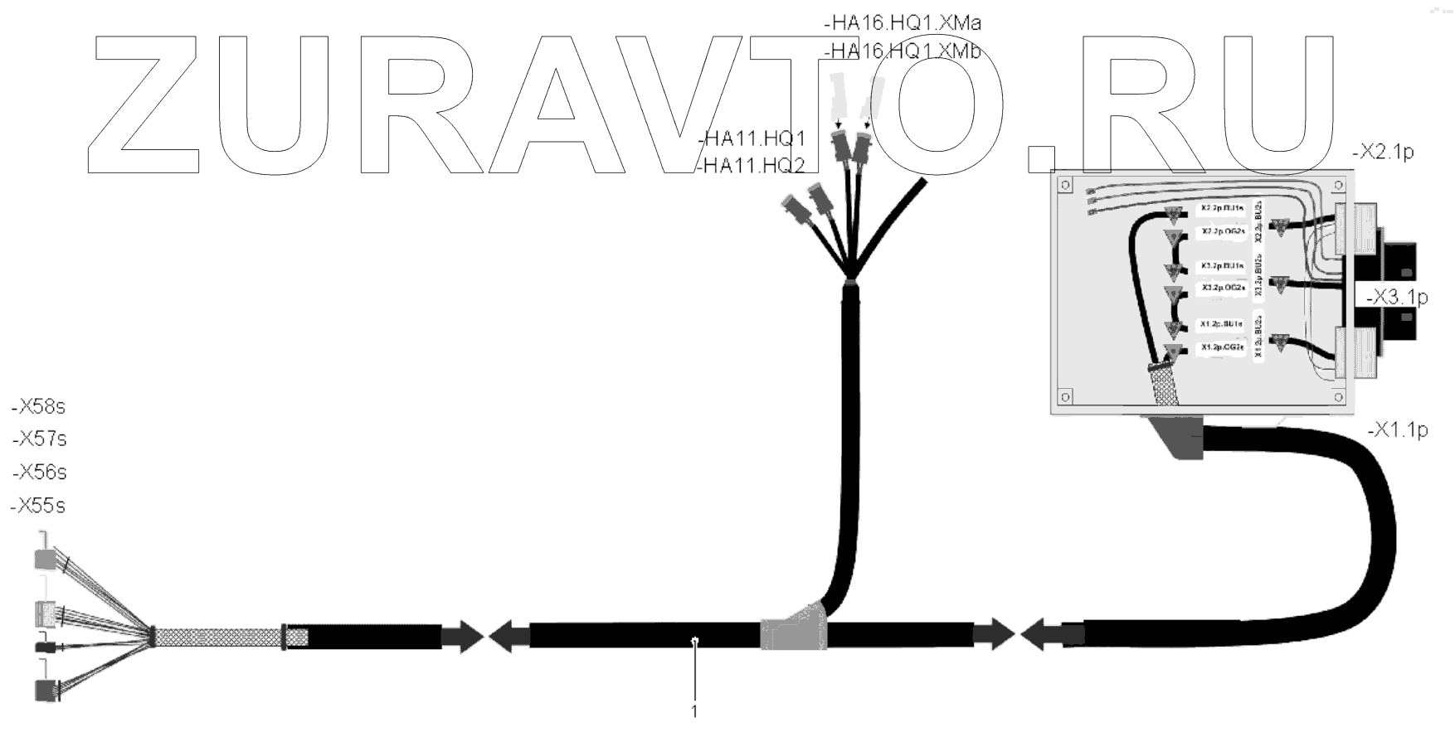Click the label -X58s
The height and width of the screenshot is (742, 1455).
[39, 407]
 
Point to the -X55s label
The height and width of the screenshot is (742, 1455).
[38, 506]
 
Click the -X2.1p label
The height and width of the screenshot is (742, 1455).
[1382, 153]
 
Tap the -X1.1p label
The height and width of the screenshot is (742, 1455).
[1397, 430]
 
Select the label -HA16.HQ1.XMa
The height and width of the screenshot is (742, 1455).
[903, 23]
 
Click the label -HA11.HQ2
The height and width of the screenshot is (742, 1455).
[751, 166]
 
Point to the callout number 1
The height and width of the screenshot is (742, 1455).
[694, 711]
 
